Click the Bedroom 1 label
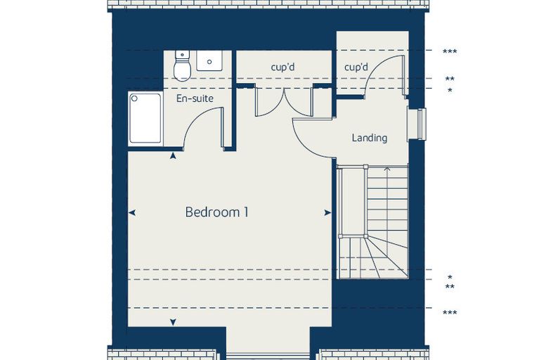point(216,212)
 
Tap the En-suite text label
point(195,98)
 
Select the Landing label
point(370,138)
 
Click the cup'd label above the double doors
point(282,67)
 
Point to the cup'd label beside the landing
point(356,67)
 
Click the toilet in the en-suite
point(182,66)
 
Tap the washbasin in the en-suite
point(209,61)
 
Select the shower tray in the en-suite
point(145,118)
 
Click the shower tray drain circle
point(134,98)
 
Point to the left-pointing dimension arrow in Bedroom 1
point(132,213)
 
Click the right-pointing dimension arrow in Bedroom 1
point(327,213)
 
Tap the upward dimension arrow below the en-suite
point(173,156)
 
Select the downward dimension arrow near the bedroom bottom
point(173,322)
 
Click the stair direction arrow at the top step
point(387,168)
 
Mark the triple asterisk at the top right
point(450,52)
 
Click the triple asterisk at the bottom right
point(450,313)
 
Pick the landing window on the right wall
point(417,124)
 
